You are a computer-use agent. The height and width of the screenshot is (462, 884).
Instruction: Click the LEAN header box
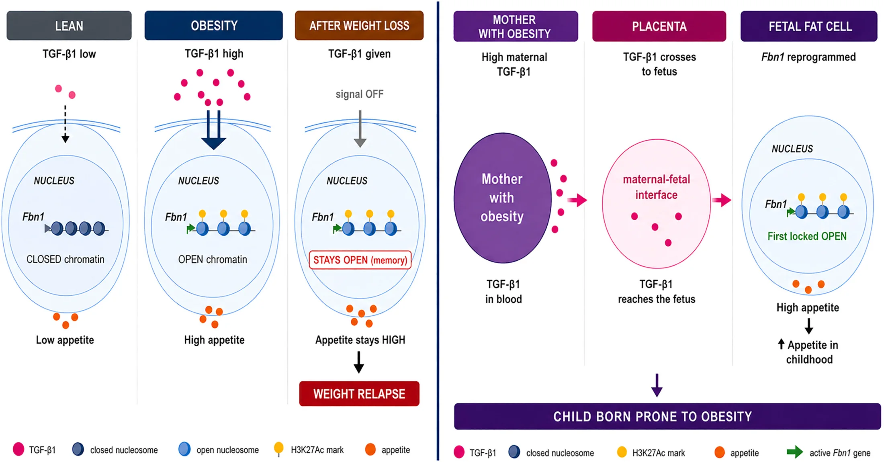pyautogui.click(x=69, y=26)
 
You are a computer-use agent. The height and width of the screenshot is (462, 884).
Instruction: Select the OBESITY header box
pyautogui.click(x=214, y=26)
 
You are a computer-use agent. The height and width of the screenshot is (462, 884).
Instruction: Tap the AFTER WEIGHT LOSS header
pyautogui.click(x=359, y=26)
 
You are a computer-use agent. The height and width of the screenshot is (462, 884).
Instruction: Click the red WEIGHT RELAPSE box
pyautogui.click(x=359, y=394)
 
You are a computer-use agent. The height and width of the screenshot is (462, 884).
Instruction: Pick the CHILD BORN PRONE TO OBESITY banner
pyautogui.click(x=667, y=417)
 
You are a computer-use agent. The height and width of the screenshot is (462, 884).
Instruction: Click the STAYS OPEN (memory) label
pyautogui.click(x=360, y=260)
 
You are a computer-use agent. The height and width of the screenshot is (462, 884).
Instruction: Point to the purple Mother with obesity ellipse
pyautogui.click(x=502, y=198)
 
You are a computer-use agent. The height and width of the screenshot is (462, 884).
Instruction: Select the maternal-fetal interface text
pyautogui.click(x=657, y=187)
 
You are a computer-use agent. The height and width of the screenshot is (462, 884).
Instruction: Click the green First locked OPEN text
pyautogui.click(x=807, y=236)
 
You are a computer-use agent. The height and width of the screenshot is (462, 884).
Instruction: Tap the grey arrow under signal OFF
pyautogui.click(x=360, y=129)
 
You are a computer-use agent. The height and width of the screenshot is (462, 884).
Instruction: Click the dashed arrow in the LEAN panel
pyautogui.click(x=65, y=124)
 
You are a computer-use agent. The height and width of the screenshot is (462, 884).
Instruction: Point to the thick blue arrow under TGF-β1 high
pyautogui.click(x=213, y=130)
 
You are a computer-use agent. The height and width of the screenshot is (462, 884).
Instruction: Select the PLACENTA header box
pyautogui.click(x=659, y=27)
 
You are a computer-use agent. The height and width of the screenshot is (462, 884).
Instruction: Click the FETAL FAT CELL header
pyautogui.click(x=809, y=27)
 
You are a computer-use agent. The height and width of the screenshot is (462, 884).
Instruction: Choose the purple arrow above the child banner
pyautogui.click(x=657, y=385)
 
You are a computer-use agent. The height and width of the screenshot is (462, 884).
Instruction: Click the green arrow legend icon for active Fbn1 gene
pyautogui.click(x=795, y=452)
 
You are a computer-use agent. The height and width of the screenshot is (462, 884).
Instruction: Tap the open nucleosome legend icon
pyautogui.click(x=184, y=449)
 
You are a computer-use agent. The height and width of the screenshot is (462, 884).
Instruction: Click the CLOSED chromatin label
pyautogui.click(x=65, y=260)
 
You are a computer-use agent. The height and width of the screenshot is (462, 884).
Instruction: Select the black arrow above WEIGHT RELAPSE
pyautogui.click(x=359, y=362)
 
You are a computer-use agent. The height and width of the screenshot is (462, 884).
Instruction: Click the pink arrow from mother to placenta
pyautogui.click(x=577, y=200)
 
